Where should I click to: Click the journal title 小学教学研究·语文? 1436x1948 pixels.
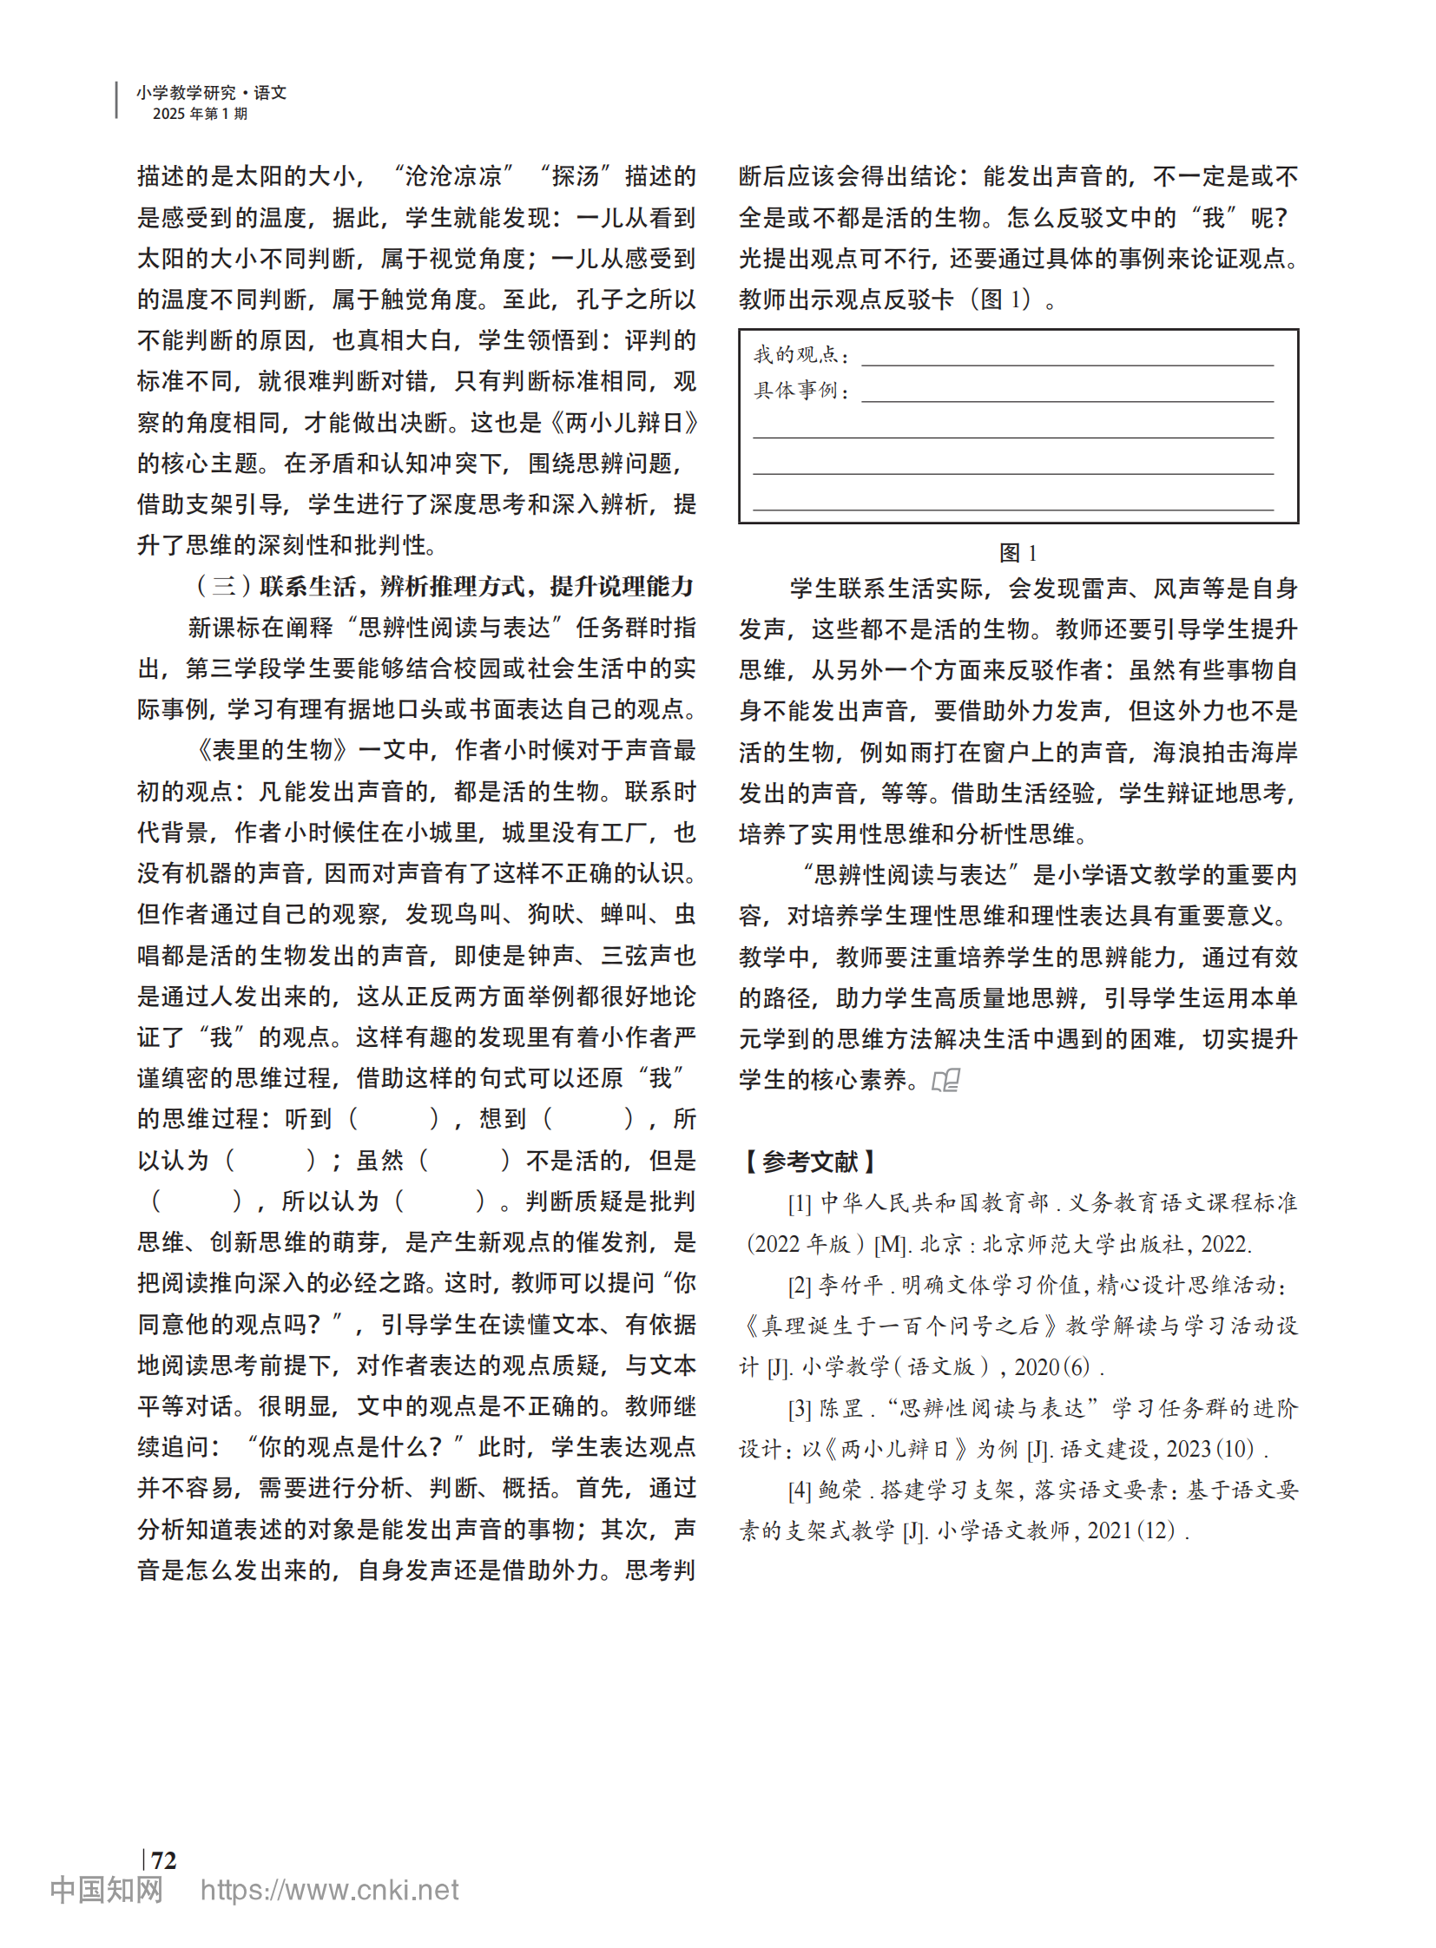click(211, 92)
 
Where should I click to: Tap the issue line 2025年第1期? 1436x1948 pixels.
click(200, 114)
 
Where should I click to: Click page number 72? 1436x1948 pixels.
click(163, 1859)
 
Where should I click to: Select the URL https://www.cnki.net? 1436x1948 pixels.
click(329, 1890)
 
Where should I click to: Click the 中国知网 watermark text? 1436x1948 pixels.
click(106, 1890)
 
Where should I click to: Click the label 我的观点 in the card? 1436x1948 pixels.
click(797, 355)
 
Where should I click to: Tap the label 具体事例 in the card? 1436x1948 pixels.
click(797, 391)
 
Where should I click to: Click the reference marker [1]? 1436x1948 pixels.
click(800, 1203)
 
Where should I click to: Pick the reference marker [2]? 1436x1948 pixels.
click(800, 1285)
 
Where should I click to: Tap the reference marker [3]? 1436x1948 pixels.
click(800, 1408)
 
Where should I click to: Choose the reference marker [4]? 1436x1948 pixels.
click(800, 1490)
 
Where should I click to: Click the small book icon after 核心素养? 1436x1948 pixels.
click(945, 1081)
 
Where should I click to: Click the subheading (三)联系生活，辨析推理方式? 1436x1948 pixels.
click(444, 587)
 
